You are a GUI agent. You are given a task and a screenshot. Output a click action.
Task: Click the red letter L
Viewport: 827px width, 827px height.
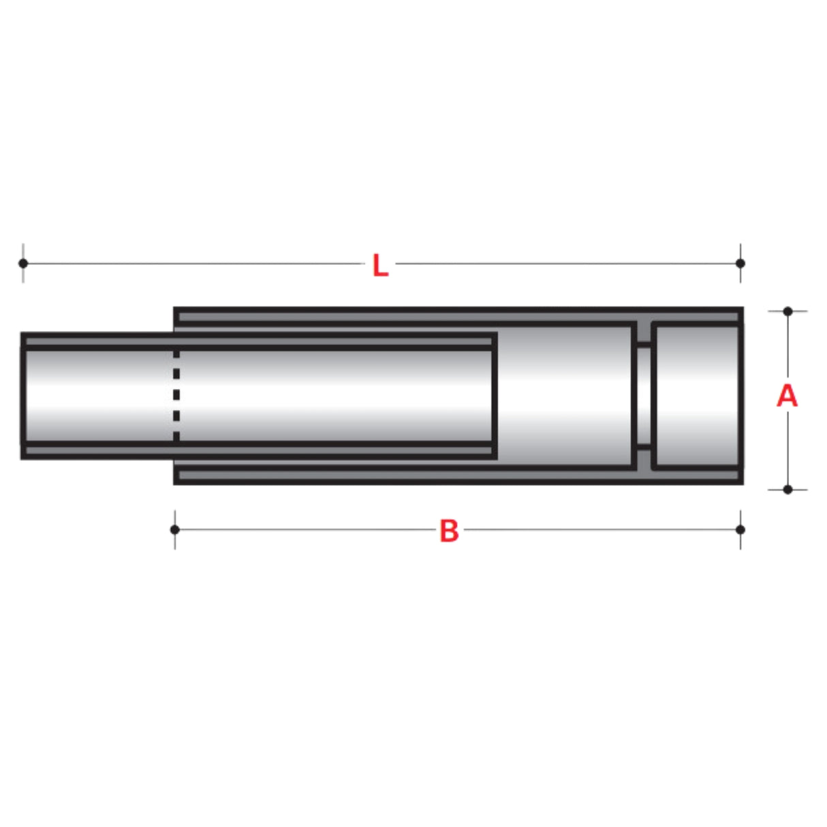380,265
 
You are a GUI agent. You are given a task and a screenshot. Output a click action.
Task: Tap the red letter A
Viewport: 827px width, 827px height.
787,396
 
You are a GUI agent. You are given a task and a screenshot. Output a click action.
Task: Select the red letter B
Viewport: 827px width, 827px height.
449,531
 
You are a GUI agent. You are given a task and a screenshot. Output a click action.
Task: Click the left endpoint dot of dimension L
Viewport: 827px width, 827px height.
23,263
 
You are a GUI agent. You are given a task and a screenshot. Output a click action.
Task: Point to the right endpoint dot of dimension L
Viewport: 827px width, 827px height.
740,263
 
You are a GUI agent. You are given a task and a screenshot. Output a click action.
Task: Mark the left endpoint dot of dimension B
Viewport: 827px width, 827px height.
175,529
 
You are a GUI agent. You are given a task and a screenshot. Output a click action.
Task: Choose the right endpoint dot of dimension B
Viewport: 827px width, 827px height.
740,529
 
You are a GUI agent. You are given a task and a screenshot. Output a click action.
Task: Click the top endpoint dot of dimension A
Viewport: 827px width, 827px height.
787,311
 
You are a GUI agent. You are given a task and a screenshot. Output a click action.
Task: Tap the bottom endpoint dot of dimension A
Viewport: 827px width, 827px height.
787,489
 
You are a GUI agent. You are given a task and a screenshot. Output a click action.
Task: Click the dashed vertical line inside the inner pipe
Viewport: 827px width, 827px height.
176,395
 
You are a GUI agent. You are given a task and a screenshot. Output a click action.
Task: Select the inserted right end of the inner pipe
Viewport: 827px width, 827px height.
494,395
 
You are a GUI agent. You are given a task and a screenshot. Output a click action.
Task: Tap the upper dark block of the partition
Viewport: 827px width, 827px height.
643,334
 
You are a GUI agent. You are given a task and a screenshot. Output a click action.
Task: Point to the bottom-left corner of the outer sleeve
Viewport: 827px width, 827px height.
176,482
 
